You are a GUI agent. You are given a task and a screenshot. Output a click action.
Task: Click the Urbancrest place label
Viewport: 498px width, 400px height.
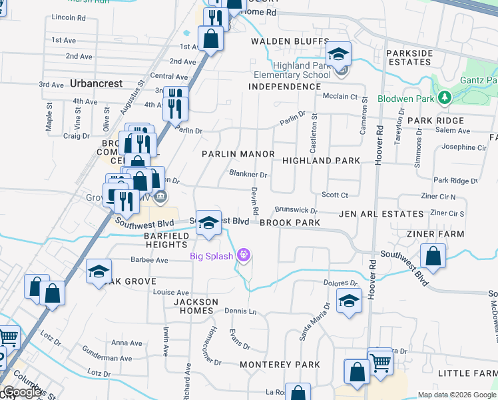pyautogui.click(x=95, y=84)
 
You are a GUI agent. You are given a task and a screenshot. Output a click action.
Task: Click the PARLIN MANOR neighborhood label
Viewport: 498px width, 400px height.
pyautogui.click(x=238, y=154)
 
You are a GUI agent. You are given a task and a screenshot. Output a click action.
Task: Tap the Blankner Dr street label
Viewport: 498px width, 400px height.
pyautogui.click(x=248, y=175)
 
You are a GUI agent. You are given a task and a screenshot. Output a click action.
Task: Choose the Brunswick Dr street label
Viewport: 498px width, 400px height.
pyautogui.click(x=296, y=209)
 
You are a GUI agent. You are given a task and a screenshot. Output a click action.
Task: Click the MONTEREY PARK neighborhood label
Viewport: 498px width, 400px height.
pyautogui.click(x=280, y=365)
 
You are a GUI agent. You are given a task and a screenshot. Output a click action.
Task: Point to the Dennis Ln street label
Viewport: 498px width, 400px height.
pyautogui.click(x=240, y=311)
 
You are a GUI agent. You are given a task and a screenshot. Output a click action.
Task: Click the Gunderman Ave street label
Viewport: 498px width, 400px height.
pyautogui.click(x=107, y=358)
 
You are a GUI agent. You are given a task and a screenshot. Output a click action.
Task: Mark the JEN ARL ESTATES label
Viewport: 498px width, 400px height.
pyautogui.click(x=381, y=214)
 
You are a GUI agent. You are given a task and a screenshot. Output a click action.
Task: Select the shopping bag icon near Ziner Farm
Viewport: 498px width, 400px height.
pyautogui.click(x=433, y=257)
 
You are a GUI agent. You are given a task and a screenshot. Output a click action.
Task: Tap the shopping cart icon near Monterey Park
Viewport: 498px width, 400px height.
pyautogui.click(x=381, y=362)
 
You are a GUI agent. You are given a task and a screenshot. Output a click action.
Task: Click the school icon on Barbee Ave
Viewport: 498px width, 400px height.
pyautogui.click(x=99, y=271)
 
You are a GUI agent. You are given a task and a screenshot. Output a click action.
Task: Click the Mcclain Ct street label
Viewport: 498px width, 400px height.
pyautogui.click(x=341, y=97)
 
